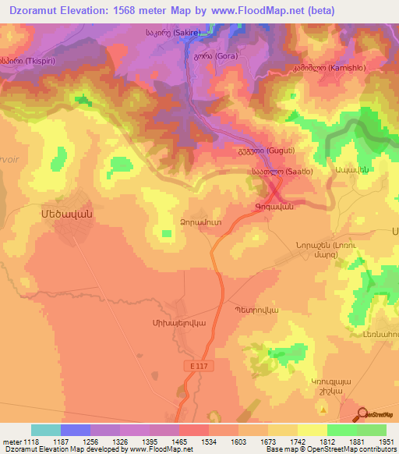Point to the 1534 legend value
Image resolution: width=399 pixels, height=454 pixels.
194,441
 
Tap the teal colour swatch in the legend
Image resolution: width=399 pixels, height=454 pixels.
45,430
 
